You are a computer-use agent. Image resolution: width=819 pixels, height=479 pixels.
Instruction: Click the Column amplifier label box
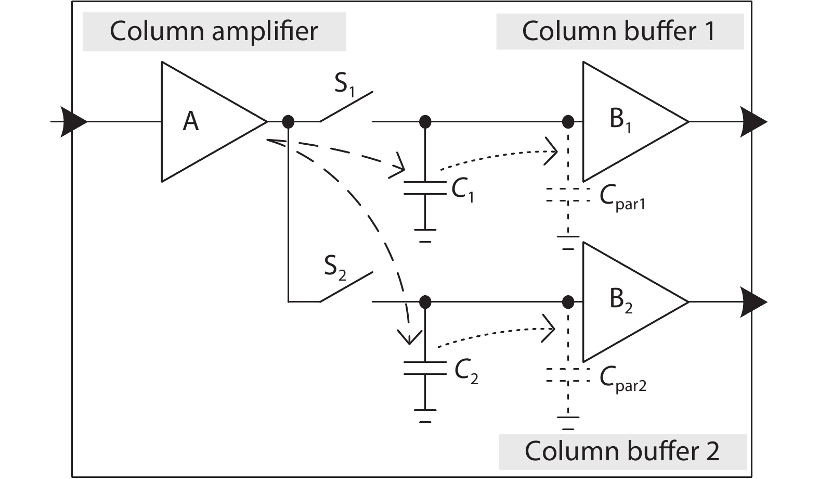(x=214, y=31)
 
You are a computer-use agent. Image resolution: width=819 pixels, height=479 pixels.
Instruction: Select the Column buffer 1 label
(x=619, y=31)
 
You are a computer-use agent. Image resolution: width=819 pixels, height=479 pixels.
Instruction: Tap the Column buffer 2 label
(x=622, y=451)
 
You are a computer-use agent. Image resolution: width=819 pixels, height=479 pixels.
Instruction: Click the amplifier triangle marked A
(x=203, y=122)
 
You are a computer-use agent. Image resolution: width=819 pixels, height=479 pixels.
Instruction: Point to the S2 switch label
(x=335, y=267)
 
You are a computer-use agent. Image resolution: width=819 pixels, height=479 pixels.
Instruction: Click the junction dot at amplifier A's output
(x=288, y=122)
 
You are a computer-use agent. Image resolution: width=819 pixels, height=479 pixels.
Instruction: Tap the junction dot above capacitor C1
(x=425, y=122)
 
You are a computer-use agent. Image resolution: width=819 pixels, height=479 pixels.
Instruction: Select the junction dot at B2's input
(x=568, y=302)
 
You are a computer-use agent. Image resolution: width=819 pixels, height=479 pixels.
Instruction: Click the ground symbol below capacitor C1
(x=425, y=235)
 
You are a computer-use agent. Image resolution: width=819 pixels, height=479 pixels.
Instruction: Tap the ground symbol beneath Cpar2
(x=568, y=422)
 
